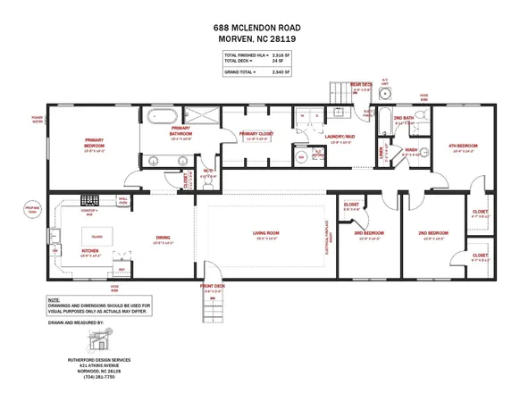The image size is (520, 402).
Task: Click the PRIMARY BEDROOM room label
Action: tap(95, 140)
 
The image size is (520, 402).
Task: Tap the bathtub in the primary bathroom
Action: tap(162, 114)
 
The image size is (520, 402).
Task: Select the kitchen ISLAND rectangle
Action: tap(96, 238)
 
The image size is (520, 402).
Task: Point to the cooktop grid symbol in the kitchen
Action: tap(89, 201)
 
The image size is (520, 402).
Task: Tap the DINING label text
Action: tap(162, 238)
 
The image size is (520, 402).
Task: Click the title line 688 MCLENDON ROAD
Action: tap(260, 28)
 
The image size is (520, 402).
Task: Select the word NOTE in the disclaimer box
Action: tap(55, 300)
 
